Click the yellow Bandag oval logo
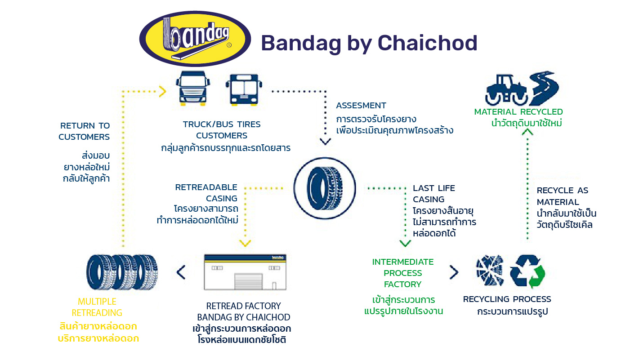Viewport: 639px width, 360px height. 195,39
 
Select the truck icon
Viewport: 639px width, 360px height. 193,89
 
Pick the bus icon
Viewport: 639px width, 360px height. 244,89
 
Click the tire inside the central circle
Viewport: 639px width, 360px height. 325,188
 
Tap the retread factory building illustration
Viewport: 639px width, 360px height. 245,272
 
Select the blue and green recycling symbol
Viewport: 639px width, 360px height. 527,271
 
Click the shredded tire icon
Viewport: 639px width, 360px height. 490,270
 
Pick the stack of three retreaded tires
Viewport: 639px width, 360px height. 122,272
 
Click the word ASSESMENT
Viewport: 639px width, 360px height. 361,106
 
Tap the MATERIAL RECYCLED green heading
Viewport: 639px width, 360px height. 518,112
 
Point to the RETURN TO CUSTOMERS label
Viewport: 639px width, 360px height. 84,131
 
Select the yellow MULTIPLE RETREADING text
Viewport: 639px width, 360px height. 97,307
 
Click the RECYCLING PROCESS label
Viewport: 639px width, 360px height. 507,299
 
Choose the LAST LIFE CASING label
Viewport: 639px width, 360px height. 434,194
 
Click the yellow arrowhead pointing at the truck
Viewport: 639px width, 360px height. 163,92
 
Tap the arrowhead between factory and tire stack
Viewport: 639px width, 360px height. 181,272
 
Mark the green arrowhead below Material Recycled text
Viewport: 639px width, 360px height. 527,132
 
